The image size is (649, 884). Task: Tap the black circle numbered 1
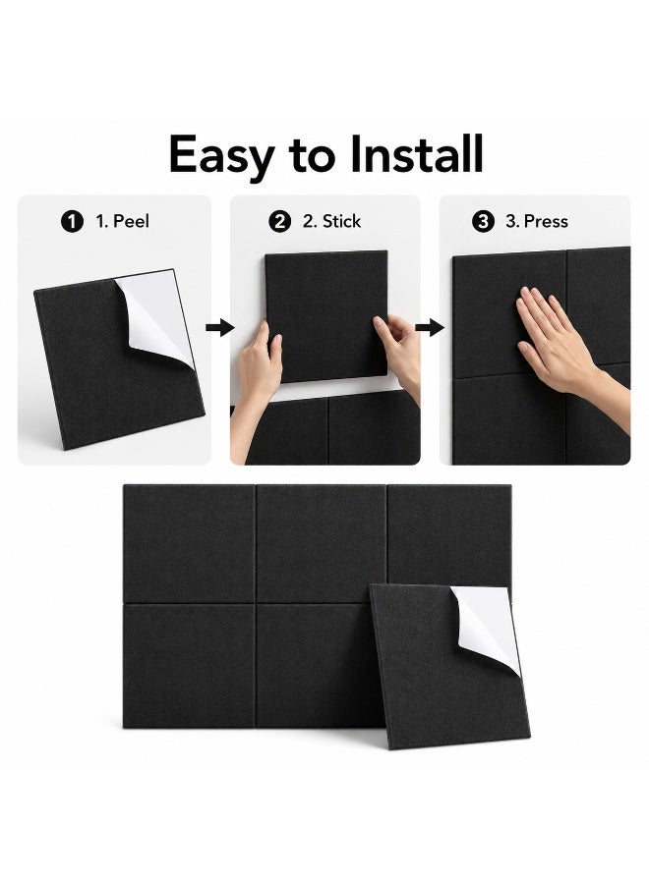(72, 221)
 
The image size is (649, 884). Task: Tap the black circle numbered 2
(280, 221)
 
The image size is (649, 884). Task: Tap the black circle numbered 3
(483, 221)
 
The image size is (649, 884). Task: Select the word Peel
(131, 221)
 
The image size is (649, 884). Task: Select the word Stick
(339, 221)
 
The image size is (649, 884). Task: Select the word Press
(546, 221)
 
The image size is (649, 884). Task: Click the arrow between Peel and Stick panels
(219, 327)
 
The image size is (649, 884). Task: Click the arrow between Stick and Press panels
(430, 327)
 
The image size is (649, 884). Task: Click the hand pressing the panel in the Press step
(564, 350)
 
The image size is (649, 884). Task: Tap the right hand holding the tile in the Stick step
(399, 353)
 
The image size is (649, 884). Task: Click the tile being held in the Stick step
(326, 316)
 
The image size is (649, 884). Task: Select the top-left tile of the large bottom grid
(189, 544)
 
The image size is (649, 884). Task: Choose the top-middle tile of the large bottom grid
(322, 544)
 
